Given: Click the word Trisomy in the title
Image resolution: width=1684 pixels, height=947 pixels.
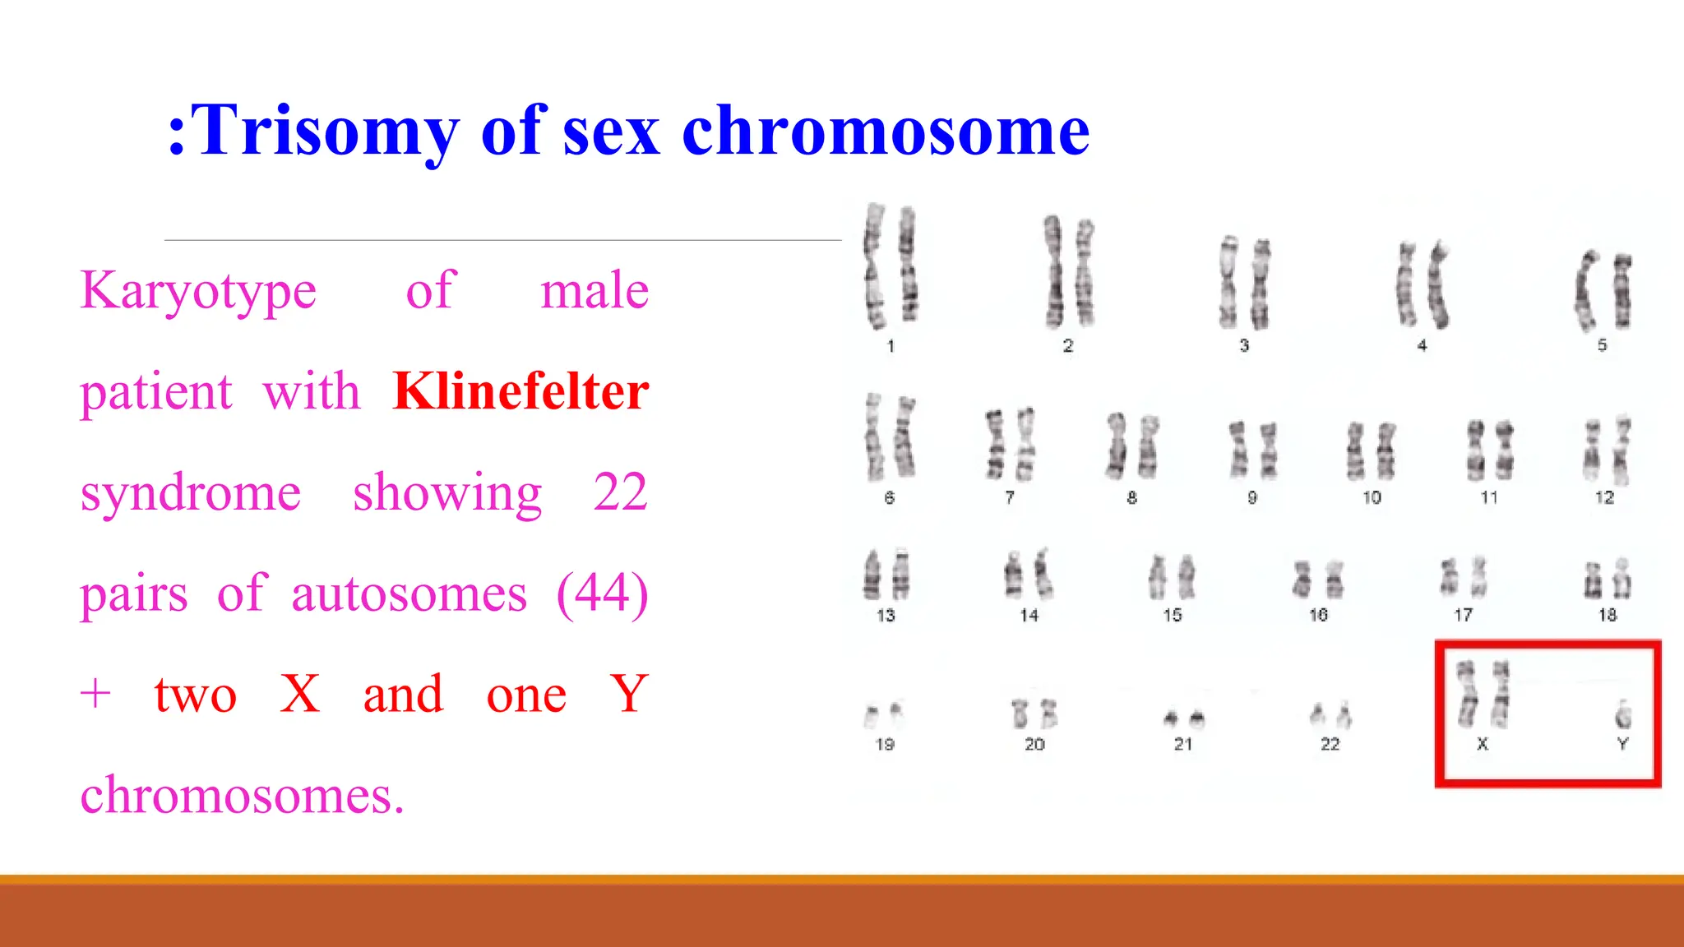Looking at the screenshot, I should [x=324, y=132].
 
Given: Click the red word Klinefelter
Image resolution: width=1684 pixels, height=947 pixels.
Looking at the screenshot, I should [x=521, y=391].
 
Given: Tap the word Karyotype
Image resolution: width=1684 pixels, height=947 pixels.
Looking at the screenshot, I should [x=198, y=290].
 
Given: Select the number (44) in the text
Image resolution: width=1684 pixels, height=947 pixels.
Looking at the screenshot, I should [x=602, y=594].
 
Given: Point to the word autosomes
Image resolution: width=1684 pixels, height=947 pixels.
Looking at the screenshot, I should [x=409, y=594].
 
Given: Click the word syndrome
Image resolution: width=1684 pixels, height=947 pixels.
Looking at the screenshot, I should [x=191, y=492].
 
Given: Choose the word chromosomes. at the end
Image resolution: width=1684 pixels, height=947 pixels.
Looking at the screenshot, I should [x=242, y=796].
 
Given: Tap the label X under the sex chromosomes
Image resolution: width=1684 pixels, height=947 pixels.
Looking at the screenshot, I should [x=1483, y=744].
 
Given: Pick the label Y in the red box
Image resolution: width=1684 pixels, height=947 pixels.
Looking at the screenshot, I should [x=1622, y=744].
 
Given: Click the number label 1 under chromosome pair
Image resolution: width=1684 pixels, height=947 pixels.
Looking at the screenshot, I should [x=891, y=346].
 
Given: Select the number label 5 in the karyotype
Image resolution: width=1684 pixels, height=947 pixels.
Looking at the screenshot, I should [x=1602, y=345].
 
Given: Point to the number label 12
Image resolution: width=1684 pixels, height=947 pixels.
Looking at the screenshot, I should [x=1604, y=497].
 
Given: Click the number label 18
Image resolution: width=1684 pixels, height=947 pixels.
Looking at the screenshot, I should [x=1608, y=615].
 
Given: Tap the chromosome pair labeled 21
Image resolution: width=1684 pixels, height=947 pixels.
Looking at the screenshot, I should [x=1184, y=718].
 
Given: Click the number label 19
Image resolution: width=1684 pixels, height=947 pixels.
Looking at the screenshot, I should [x=885, y=744].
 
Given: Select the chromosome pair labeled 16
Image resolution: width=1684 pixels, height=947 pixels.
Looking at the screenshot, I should [x=1318, y=580].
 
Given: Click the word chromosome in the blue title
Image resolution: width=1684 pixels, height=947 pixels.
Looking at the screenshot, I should [x=886, y=132].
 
